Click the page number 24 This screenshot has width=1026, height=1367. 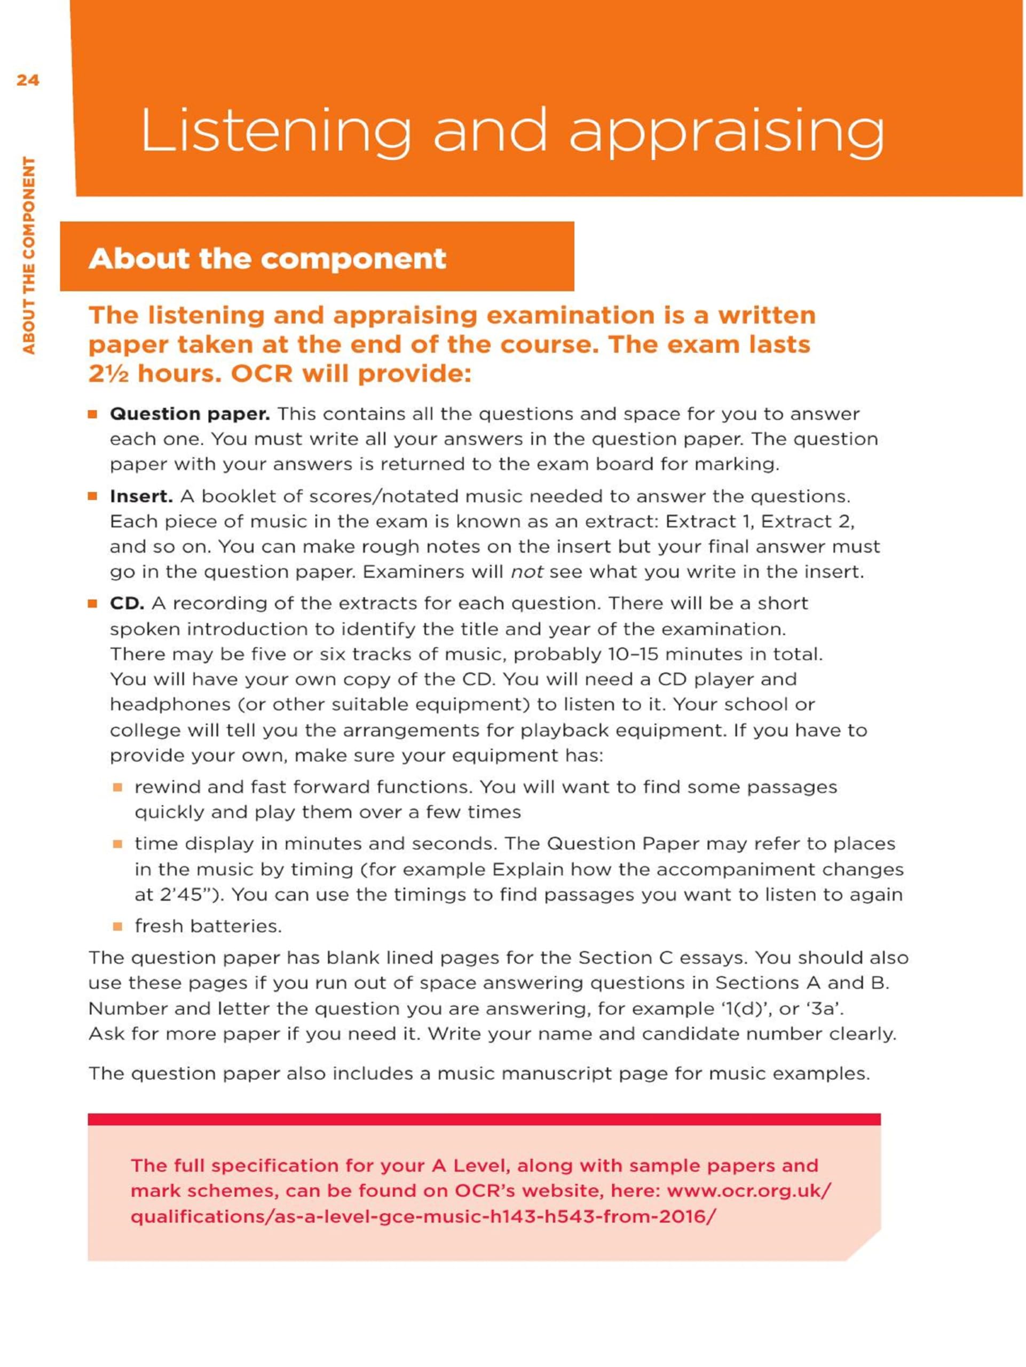point(28,80)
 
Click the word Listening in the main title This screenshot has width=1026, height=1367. point(274,131)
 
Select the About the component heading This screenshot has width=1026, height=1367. point(267,258)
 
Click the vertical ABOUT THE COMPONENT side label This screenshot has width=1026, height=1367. point(29,255)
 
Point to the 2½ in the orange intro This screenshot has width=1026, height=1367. point(108,374)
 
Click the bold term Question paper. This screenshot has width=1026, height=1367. point(190,413)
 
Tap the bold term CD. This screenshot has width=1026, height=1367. point(127,603)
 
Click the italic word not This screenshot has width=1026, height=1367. point(526,572)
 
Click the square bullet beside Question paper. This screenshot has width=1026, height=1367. point(93,414)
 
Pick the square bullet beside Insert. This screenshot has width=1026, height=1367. point(93,496)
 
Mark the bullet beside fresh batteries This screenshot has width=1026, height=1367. point(117,926)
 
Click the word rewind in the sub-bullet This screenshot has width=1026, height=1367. point(168,787)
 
